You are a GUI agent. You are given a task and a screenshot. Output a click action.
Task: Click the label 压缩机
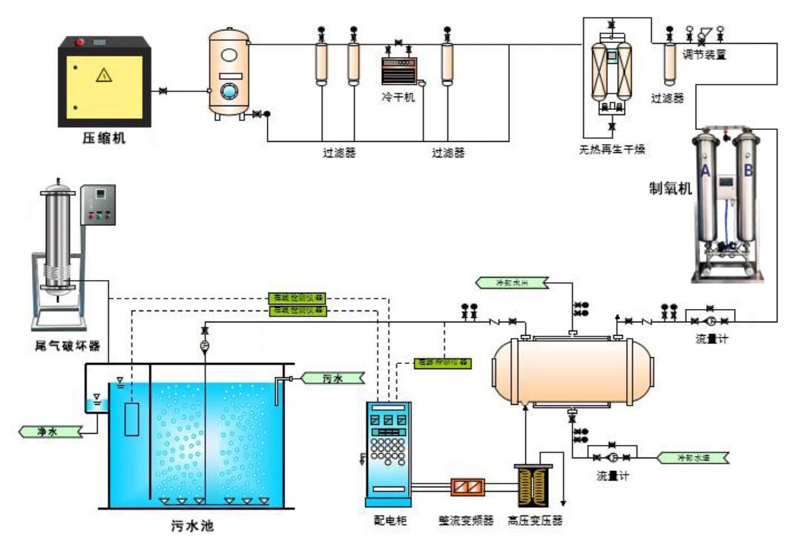tap(104, 137)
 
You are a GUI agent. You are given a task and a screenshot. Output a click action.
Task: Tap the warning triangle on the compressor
tap(104, 76)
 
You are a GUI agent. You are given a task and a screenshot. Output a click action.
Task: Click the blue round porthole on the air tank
tap(229, 92)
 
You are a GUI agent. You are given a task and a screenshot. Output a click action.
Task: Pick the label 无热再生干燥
tap(612, 149)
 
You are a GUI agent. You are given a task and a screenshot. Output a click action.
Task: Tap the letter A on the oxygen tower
tap(705, 171)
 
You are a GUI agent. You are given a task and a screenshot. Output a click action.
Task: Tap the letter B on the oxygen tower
tap(748, 171)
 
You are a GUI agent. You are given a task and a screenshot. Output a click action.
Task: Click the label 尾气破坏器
tap(67, 345)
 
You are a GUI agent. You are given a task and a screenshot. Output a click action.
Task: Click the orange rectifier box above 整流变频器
tap(469, 487)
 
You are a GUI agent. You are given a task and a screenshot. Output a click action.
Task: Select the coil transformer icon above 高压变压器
tap(533, 487)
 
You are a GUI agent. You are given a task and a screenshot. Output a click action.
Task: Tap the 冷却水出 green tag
tap(511, 281)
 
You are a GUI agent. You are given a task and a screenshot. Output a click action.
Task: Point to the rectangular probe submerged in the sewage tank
tap(132, 418)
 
